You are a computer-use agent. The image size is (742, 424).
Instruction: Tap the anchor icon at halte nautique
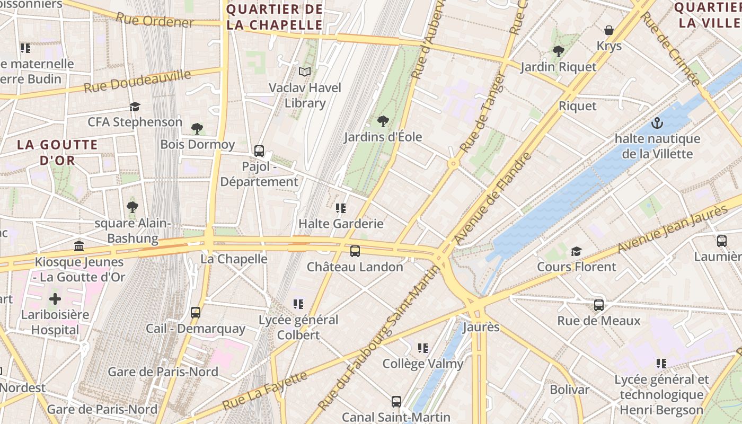657,123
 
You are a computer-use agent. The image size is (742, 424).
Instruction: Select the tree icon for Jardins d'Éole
383,121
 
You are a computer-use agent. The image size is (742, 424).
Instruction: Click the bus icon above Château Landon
355,251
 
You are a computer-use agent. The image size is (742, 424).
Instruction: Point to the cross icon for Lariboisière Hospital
55,299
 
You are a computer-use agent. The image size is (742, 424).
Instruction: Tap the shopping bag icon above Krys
609,30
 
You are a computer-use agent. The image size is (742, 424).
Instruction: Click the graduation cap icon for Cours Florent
576,251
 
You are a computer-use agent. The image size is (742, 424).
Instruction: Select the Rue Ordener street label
155,21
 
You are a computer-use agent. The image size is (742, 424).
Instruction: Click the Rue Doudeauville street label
137,81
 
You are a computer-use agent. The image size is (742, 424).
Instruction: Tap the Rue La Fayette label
264,391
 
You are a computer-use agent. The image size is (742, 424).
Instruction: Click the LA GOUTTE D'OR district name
57,152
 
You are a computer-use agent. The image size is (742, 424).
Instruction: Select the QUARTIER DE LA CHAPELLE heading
275,17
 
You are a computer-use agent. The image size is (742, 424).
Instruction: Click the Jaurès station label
481,327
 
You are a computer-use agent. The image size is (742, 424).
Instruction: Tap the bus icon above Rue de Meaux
599,305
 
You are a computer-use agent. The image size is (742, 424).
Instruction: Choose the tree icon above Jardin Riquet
558,51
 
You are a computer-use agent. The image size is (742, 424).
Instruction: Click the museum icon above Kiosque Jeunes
79,246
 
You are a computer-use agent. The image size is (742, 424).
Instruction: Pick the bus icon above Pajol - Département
259,151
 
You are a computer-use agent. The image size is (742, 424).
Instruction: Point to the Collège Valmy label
423,364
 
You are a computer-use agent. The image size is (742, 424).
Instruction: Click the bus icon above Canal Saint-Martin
396,402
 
